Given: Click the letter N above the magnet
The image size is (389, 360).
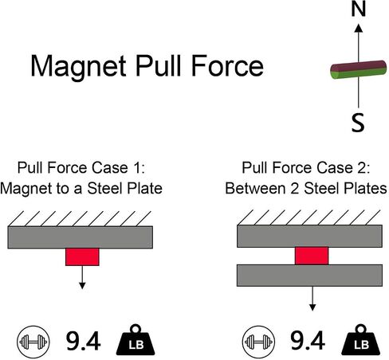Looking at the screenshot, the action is [359, 9].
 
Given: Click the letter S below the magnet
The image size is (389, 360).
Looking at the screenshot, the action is [358, 123].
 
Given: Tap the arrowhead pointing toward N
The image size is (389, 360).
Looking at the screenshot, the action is [359, 28].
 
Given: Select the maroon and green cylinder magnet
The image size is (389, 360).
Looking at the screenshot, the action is [359, 69].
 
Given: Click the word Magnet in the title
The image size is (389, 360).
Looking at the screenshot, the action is [78, 66].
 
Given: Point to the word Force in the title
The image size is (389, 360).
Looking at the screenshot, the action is [227, 65].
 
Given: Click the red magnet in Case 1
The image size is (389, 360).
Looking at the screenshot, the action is [82, 256].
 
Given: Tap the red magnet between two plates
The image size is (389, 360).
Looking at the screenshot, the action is [312, 256].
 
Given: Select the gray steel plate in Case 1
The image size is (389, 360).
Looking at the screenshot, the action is [81, 237].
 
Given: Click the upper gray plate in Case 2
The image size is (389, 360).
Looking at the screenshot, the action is [309, 236].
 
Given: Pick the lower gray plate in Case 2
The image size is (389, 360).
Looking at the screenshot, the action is [309, 276].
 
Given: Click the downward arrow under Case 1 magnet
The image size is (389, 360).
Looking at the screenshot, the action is [82, 277].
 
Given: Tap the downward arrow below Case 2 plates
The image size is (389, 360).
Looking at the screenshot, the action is [312, 299].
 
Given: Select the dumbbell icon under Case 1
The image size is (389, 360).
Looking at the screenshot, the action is [33, 342].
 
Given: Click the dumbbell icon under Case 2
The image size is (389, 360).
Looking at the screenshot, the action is [258, 342].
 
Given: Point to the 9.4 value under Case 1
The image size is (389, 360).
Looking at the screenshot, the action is [83, 341].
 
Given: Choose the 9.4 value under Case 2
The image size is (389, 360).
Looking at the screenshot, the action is [308, 340].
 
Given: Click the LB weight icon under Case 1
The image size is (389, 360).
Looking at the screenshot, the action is [136, 340].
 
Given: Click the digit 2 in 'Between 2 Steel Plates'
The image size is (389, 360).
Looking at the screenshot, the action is [295, 189].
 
